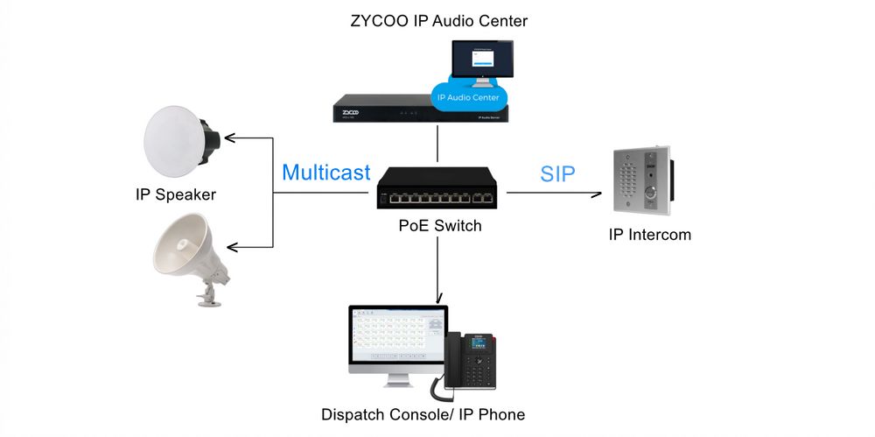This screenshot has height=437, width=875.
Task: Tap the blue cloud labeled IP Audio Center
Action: pyautogui.click(x=467, y=97)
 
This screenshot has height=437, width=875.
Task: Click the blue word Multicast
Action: pyautogui.click(x=325, y=173)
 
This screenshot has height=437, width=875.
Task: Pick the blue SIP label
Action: pyautogui.click(x=557, y=173)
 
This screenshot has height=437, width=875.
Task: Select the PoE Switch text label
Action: pyautogui.click(x=439, y=226)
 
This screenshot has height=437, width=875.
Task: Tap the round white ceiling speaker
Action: pyautogui.click(x=178, y=138)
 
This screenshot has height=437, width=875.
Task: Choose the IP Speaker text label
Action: pyautogui.click(x=175, y=194)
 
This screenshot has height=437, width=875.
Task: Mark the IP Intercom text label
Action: pyautogui.click(x=650, y=235)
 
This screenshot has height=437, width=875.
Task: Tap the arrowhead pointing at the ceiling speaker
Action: pyautogui.click(x=231, y=137)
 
